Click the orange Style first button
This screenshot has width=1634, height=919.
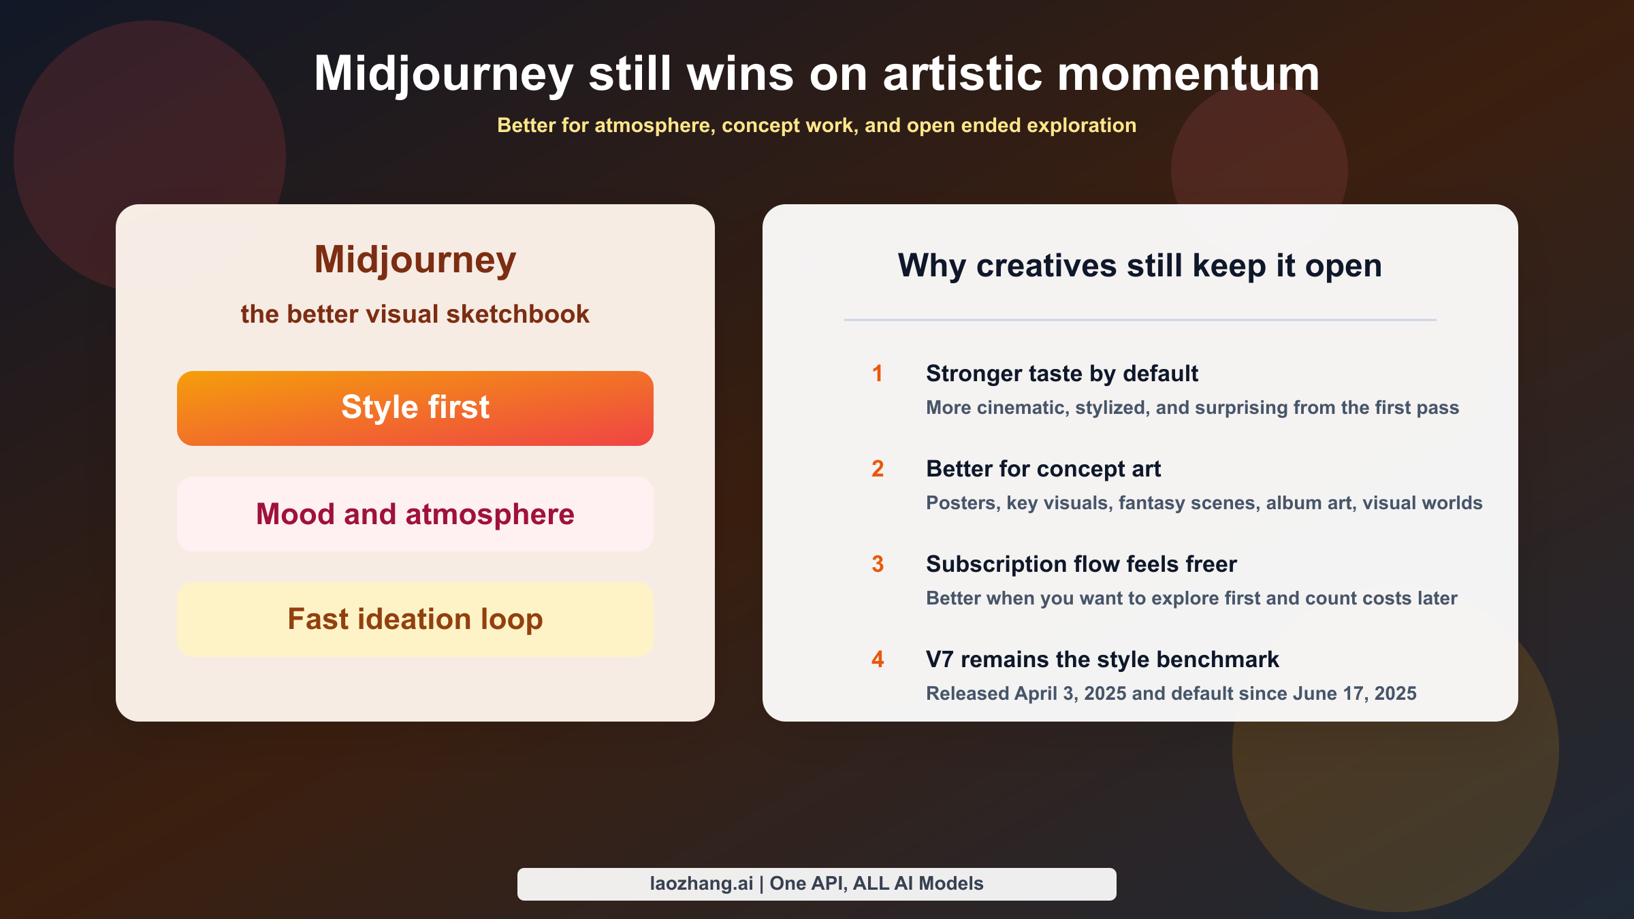415,408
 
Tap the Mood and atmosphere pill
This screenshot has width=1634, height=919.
415,514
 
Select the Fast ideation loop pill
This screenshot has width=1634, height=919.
415,619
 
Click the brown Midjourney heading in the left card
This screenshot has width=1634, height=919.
415,261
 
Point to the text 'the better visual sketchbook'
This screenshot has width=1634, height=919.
415,314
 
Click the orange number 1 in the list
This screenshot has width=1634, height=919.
878,373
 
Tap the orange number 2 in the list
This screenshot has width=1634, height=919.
878,468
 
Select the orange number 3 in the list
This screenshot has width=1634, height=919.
878,564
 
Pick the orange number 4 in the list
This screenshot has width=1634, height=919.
878,659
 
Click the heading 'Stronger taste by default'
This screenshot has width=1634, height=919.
1062,374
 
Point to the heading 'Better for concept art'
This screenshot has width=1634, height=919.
1044,469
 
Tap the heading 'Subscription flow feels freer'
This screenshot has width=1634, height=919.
1082,564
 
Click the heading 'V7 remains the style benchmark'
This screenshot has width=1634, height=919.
1103,660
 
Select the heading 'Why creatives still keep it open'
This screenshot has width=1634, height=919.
1140,265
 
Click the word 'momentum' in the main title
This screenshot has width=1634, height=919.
1189,74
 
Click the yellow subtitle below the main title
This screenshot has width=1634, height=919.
817,125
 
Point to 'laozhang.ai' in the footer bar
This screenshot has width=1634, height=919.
702,884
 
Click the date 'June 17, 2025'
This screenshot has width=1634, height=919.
1355,694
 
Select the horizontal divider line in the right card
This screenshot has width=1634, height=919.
1140,319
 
